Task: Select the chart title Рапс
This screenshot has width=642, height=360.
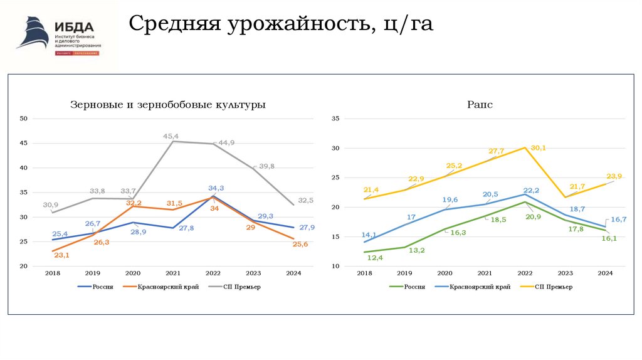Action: pos(480,105)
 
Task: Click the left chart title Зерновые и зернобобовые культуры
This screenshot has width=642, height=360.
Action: pos(167,105)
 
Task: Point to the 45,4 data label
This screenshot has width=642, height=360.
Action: pos(171,136)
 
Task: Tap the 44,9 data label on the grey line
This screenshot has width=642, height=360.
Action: pos(226,142)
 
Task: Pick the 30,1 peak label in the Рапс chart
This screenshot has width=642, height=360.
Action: pos(539,148)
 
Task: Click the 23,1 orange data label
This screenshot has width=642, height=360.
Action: pos(61,255)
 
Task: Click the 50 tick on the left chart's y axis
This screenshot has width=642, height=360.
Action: pos(24,119)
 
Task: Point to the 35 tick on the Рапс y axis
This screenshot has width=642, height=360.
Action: pos(335,119)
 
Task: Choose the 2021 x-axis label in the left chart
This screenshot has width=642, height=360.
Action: pos(172,273)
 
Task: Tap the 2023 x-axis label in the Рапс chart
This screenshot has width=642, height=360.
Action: pos(566,273)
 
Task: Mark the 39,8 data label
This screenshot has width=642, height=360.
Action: pos(266,166)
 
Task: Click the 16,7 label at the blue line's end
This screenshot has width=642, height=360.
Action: pos(619,219)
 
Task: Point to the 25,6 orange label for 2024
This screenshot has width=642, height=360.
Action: pos(300,244)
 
